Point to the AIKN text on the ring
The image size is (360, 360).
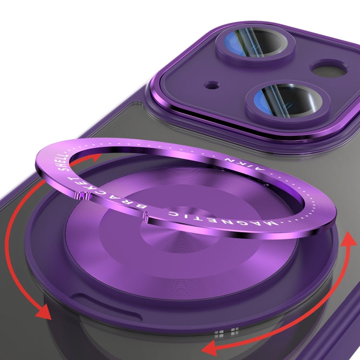click(x=244, y=164)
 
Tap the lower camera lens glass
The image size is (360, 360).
click(x=287, y=99)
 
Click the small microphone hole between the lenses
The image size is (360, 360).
click(x=212, y=85)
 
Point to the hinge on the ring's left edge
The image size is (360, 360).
click(x=82, y=196)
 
